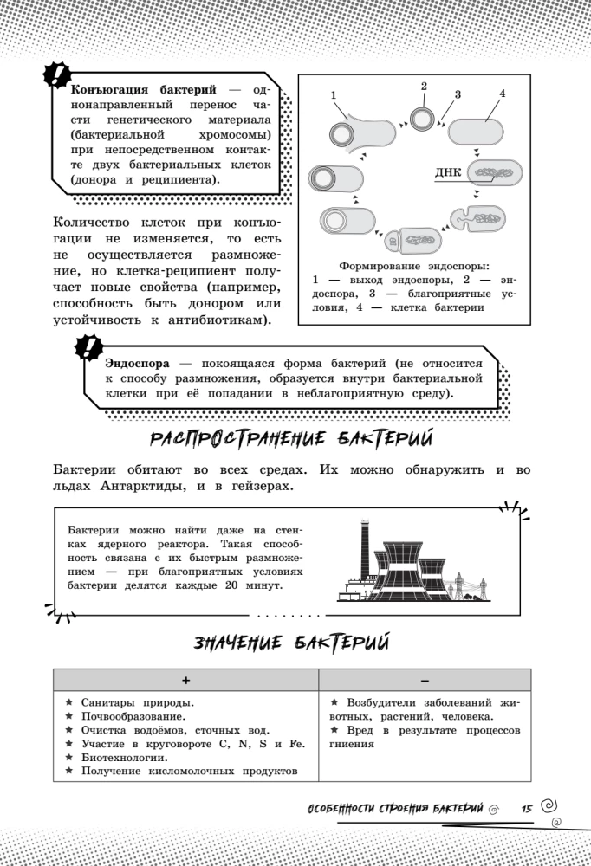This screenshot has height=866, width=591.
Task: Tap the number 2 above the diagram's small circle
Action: pos(424,86)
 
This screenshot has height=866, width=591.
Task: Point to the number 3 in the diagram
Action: pos(457,94)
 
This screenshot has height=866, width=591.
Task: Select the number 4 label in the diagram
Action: pos(503,94)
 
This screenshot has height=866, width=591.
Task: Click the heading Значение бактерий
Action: pos(291,643)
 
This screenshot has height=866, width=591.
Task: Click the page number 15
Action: pos(526,808)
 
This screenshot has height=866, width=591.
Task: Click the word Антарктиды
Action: pos(132,487)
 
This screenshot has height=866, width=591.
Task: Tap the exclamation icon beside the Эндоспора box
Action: pos(89,351)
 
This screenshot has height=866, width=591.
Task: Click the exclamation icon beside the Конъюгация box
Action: pos(57,76)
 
